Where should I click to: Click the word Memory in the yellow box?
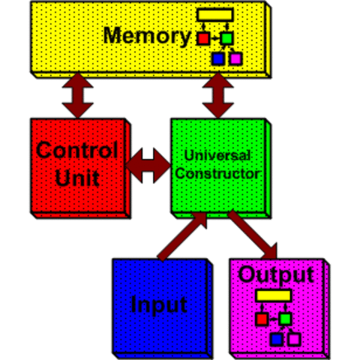point(147,35)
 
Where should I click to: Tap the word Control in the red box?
point(76,150)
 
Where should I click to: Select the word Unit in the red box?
point(76,179)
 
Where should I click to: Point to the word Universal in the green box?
point(218,156)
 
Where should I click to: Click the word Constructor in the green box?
point(218,173)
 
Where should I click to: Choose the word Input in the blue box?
point(158,305)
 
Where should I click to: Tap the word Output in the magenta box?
point(275,274)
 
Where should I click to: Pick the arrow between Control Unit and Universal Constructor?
point(148,164)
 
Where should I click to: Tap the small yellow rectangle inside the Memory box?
point(214,14)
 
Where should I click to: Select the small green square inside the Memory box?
point(226,37)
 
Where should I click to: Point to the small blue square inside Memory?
point(218,58)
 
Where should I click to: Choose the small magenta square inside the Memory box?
point(235,58)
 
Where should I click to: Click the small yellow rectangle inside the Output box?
point(273,295)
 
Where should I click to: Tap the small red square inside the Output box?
point(262,319)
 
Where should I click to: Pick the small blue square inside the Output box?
point(277,339)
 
